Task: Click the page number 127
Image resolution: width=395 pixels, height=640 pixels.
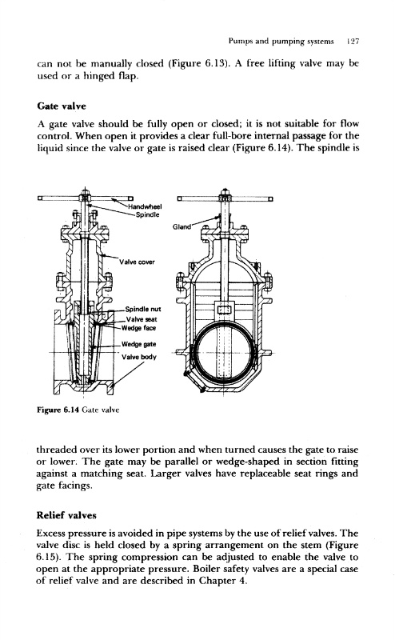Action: tap(352, 42)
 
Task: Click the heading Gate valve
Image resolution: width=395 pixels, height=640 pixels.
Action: tap(62, 106)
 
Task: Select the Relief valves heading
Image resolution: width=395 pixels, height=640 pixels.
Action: tap(66, 515)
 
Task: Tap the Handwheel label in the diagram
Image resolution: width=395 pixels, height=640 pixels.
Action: tap(146, 206)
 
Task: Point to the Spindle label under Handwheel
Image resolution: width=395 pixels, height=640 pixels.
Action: tap(147, 214)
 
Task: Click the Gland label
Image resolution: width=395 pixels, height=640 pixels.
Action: tap(182, 227)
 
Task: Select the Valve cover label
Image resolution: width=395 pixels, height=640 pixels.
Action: tap(137, 262)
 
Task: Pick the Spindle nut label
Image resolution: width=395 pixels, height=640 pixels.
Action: tap(143, 310)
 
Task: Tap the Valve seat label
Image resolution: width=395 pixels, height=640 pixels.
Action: tap(142, 319)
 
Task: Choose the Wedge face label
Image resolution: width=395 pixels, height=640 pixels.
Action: tap(139, 328)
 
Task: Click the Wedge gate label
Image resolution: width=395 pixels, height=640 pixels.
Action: tap(139, 345)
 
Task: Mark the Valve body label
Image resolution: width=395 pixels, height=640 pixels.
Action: tap(139, 357)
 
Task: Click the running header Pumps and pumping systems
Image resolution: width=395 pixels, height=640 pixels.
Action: tap(281, 42)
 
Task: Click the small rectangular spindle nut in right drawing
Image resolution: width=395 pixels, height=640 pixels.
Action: tap(224, 310)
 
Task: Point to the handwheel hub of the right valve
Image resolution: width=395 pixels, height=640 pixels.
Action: tap(225, 198)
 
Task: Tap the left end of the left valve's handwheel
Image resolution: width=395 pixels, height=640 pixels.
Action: tap(40, 198)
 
